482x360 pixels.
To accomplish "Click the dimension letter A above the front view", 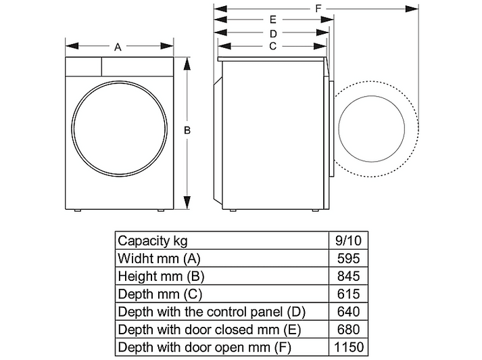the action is click(x=118, y=47).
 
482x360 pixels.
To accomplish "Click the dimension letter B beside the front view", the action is click(x=187, y=131).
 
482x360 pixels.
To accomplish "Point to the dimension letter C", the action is click(x=272, y=46).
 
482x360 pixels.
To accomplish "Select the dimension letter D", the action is click(x=273, y=34).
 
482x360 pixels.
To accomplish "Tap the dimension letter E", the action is click(x=273, y=20).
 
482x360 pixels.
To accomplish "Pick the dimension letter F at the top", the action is click(x=318, y=8).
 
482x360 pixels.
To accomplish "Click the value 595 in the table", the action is click(x=348, y=258).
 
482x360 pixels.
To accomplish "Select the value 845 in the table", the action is click(x=348, y=276).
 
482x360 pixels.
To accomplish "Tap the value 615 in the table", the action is click(x=348, y=294).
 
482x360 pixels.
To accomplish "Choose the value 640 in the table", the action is click(x=348, y=312).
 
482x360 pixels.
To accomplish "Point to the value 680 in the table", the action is click(x=348, y=330).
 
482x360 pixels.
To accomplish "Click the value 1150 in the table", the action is click(x=349, y=347).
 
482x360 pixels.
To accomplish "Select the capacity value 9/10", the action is click(x=348, y=240).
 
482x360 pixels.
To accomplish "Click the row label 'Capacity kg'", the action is click(x=153, y=241).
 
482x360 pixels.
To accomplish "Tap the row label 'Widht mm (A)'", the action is click(x=159, y=258).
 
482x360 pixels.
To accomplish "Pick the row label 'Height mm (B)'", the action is click(x=161, y=276).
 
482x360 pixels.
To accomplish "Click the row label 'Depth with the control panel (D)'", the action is click(x=212, y=312).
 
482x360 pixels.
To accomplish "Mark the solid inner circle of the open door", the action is click(x=339, y=129).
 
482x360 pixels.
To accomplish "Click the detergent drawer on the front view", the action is click(x=83, y=66).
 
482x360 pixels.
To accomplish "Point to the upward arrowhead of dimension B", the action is click(x=187, y=64).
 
